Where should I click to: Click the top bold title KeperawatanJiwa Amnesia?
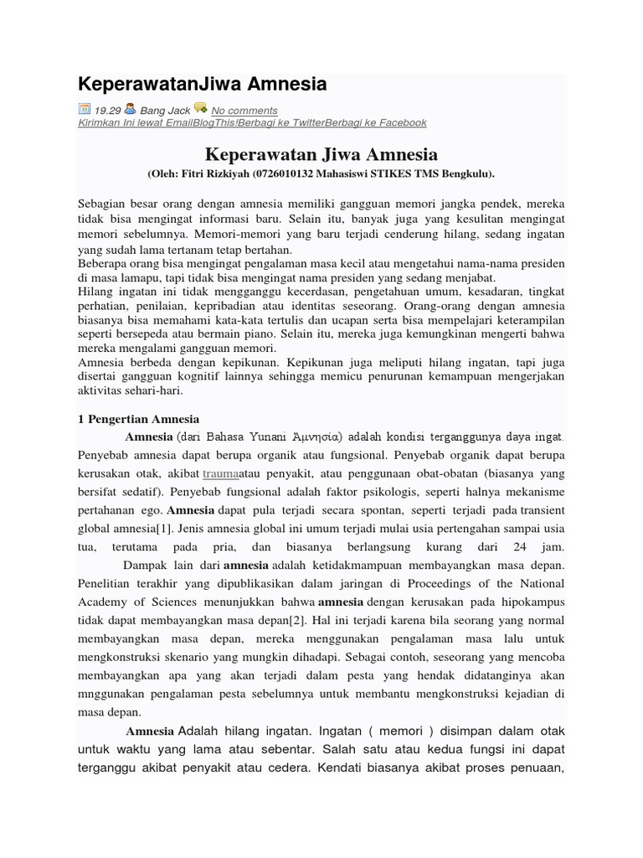pos(202,84)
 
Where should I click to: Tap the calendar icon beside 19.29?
pos(84,108)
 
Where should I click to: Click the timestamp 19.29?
pos(107,110)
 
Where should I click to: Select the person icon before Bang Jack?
pos(131,108)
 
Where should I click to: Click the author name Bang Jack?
pos(165,110)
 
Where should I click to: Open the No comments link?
pos(244,110)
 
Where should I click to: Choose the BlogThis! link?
pos(216,122)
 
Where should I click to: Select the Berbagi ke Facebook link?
pos(378,122)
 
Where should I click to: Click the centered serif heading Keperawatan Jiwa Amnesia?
pos(321,155)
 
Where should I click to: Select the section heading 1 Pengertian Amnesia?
pos(138,418)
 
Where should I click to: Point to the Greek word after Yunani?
pos(312,437)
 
